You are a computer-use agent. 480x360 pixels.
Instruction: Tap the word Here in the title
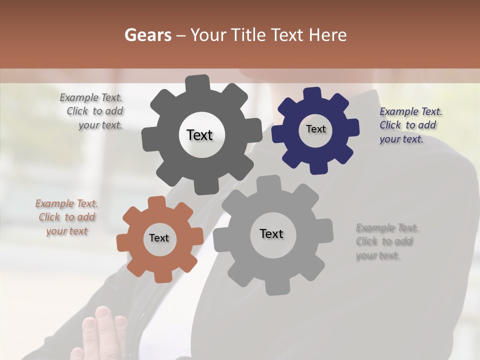point(327,35)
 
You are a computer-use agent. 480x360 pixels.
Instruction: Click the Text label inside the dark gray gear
point(199,135)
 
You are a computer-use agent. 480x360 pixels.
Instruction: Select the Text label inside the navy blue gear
point(315,129)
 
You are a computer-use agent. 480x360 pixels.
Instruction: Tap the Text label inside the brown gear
point(159,238)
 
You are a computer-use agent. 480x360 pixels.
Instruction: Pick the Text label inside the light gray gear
point(271,233)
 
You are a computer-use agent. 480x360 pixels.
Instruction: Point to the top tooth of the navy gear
point(312,94)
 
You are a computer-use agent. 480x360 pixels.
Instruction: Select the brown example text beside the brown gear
point(66,217)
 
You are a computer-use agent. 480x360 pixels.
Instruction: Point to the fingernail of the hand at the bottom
point(102,313)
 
